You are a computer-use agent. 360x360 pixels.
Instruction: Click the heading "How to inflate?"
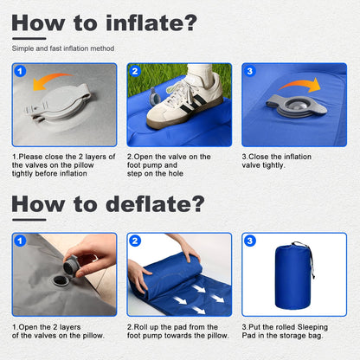point(105,22)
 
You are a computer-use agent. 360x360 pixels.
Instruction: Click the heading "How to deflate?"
point(108,204)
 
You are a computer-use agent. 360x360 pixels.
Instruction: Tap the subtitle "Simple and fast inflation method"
point(63,48)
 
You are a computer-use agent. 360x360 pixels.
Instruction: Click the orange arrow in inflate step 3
point(301,84)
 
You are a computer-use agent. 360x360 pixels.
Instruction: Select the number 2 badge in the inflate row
point(135,71)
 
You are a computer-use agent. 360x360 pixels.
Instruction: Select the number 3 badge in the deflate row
point(250,241)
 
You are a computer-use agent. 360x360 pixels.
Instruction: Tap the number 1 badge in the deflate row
point(20,241)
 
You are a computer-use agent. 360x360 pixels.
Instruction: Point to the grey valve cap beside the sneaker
point(155,96)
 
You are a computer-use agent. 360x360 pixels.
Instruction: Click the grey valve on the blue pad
point(297,108)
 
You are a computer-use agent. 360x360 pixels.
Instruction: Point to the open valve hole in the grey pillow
point(60,280)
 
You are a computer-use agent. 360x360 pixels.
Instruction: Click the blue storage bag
point(292,276)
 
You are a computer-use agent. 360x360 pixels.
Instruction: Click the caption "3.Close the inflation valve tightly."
point(277,161)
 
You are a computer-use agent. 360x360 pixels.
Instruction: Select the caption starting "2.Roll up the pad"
point(178,331)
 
